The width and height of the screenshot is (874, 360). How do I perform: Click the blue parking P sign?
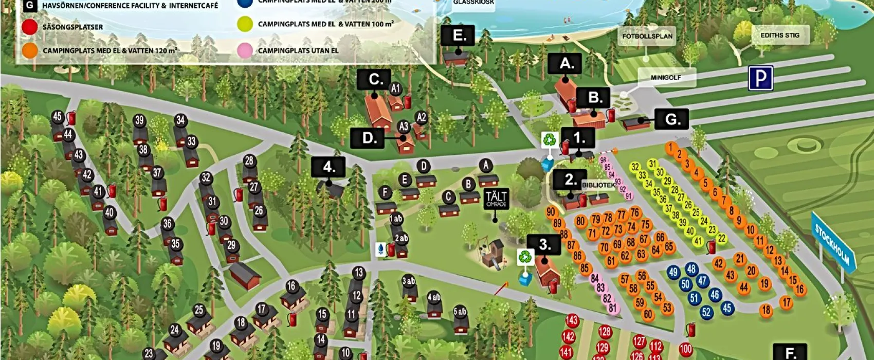760,79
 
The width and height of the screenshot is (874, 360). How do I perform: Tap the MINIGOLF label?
666,78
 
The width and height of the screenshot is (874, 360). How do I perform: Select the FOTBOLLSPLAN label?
647,37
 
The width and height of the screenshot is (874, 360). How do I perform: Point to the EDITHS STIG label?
779,35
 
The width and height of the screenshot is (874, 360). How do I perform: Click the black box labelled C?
374,80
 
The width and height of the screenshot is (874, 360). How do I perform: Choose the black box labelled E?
458,36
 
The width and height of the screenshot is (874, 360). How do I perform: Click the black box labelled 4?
328,167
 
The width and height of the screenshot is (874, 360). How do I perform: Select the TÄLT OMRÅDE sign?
496,199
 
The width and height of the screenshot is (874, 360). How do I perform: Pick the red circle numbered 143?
572,320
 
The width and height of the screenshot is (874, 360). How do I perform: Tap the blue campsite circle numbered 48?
691,269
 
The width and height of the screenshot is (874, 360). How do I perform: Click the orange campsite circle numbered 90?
551,212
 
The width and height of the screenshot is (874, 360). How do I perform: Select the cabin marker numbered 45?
58,117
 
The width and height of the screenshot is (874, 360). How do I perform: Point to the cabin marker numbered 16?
292,286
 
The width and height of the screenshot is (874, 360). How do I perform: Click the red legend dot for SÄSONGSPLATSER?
30,27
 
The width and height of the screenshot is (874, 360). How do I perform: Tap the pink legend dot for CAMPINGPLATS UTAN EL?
245,50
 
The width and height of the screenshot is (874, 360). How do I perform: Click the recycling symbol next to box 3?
525,256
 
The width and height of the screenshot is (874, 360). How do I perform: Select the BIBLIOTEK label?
598,185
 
